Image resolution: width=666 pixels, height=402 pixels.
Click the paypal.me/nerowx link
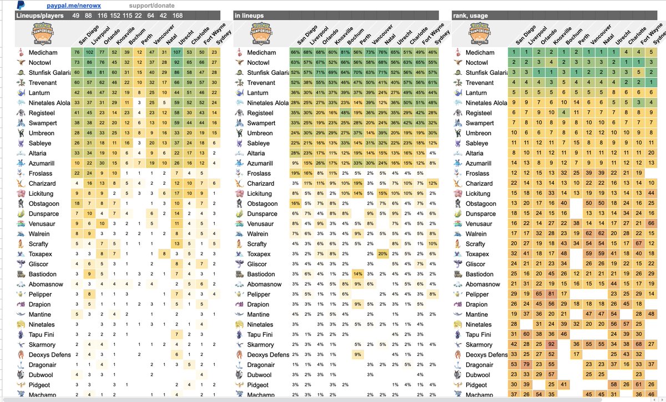point(65,6)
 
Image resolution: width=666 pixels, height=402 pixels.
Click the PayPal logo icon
point(21,5)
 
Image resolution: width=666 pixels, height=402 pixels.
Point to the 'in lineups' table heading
point(249,16)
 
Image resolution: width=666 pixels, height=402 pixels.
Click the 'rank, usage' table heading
point(470,16)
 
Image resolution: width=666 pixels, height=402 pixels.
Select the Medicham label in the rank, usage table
point(480,53)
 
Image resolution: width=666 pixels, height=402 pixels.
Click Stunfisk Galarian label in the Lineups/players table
point(48,73)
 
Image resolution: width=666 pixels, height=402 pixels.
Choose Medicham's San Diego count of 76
point(77,53)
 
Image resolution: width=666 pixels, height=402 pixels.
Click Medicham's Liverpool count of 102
point(90,53)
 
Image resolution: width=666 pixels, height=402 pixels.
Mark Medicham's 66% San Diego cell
point(295,53)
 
